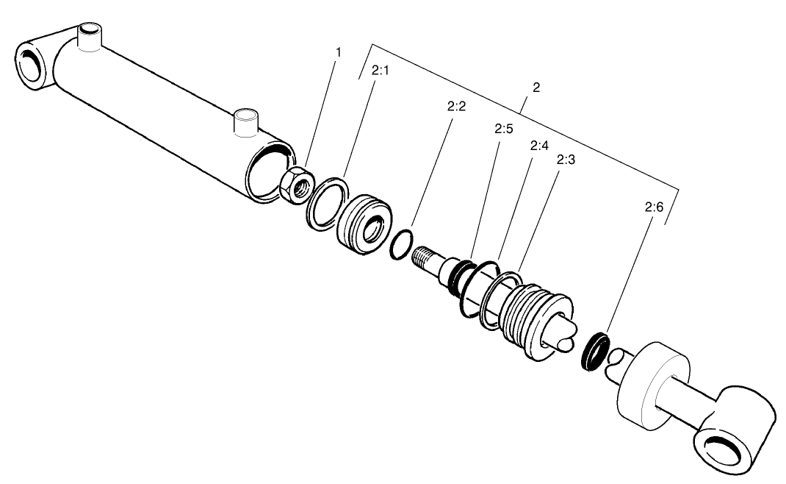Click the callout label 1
339,54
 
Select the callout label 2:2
456,107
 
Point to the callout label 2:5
502,129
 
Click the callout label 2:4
538,146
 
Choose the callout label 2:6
654,208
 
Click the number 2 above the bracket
536,88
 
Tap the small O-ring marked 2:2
400,244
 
